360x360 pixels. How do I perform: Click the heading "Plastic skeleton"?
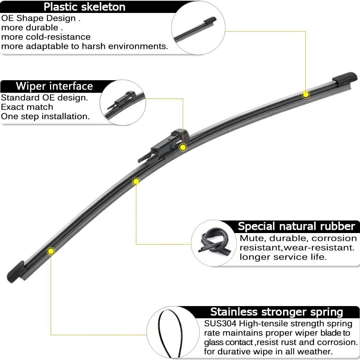[85, 6]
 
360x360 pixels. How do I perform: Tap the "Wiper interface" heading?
[54, 86]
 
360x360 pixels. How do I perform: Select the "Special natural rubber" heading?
[296, 226]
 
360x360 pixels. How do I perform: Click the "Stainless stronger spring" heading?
[277, 312]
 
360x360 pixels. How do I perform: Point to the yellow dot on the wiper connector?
[183, 147]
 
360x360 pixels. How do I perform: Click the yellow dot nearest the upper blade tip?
[306, 95]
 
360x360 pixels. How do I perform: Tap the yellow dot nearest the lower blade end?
[51, 250]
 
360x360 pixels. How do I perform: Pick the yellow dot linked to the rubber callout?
[136, 181]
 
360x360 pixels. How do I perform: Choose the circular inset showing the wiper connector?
[122, 102]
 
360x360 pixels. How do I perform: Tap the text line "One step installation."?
[45, 117]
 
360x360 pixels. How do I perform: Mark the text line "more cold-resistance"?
[46, 37]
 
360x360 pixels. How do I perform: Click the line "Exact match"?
[27, 107]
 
